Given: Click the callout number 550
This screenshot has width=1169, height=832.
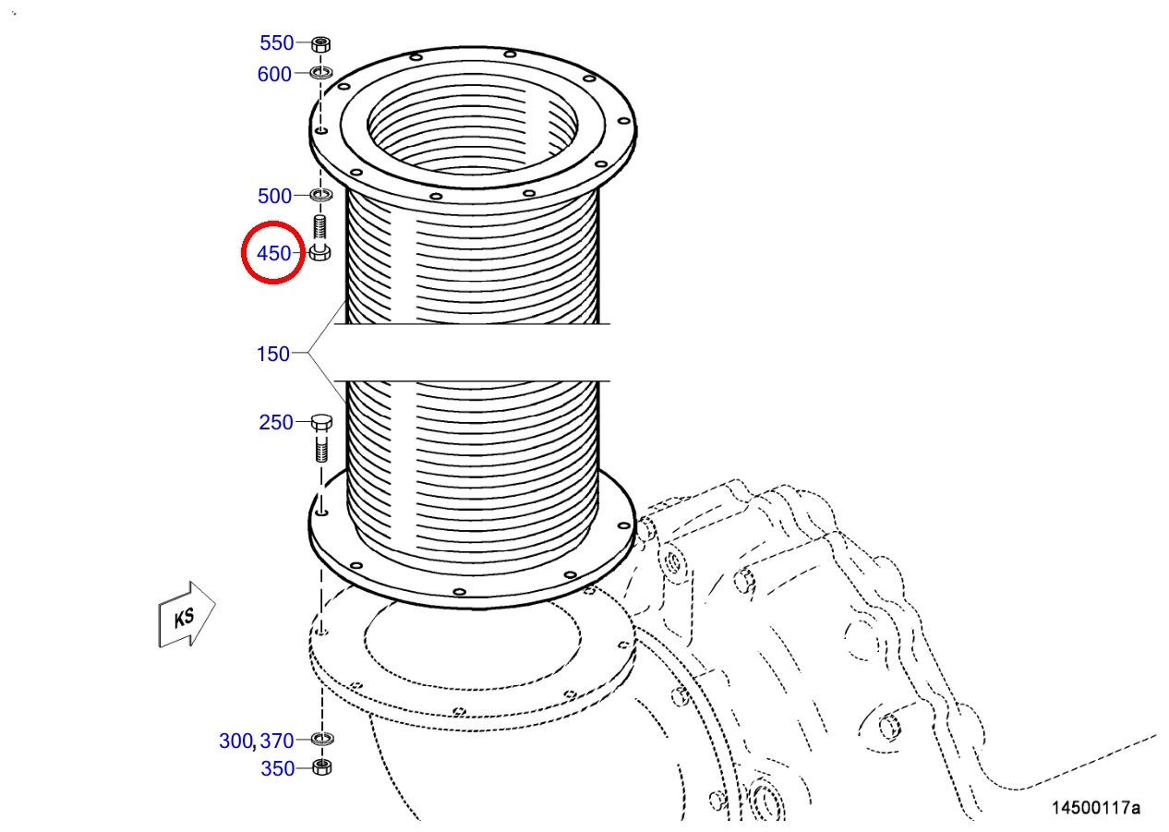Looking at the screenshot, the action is (277, 42).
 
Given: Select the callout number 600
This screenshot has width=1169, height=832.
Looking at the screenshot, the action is (274, 74).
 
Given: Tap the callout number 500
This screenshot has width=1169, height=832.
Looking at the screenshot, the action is (274, 197).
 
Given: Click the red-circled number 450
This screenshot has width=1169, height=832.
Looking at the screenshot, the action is (274, 254).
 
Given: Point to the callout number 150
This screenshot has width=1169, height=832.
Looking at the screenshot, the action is (273, 354).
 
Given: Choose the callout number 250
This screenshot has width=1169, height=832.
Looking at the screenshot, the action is (276, 422).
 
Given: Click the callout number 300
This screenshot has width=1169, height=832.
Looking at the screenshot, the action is (235, 741).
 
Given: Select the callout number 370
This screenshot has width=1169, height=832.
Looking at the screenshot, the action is (277, 741).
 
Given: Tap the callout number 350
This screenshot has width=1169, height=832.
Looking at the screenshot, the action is (278, 769).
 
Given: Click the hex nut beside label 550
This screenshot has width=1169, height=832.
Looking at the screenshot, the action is (321, 43).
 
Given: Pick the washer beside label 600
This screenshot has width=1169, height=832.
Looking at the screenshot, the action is (321, 73).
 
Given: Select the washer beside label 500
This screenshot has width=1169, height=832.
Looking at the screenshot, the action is (321, 195).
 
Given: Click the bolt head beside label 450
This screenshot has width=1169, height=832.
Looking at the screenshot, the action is (319, 253).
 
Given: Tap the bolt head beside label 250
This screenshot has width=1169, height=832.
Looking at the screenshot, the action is (321, 422).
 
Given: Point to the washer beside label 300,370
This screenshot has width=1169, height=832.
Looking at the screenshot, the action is (322, 739).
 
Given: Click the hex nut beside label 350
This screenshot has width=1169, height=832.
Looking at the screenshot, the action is (322, 767).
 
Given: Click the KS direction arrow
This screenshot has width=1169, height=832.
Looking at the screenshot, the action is (187, 615).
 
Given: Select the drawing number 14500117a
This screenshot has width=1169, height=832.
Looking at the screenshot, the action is (1095, 807).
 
